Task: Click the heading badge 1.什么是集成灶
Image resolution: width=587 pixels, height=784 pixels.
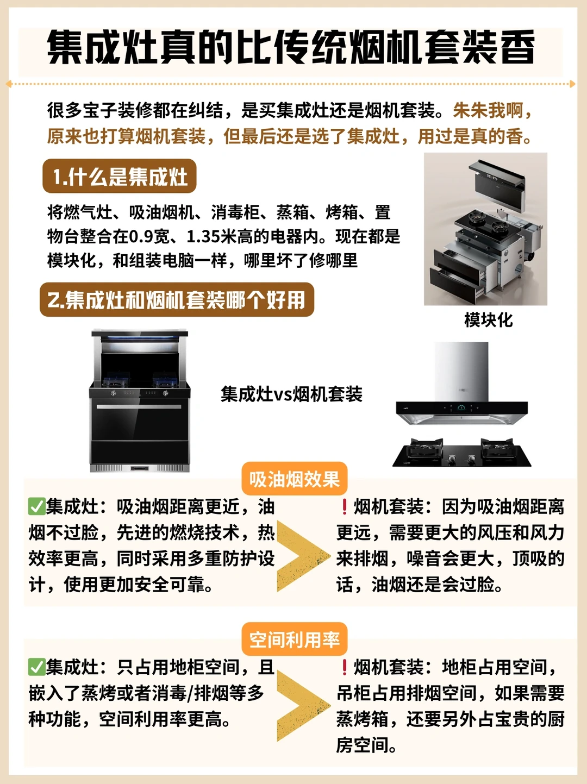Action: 120,176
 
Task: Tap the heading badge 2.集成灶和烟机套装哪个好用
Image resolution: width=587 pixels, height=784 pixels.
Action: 177,299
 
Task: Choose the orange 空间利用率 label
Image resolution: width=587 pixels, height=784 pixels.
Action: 295,639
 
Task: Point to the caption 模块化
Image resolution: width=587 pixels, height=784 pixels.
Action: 489,320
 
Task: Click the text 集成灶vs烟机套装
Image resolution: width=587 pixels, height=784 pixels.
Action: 291,394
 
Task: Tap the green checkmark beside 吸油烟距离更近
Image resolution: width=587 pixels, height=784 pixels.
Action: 37,506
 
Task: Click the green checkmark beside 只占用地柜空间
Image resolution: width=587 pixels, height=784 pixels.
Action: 37,667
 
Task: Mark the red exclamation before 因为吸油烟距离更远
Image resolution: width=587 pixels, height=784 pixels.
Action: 345,506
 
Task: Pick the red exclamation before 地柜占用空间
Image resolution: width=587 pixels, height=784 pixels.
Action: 345,667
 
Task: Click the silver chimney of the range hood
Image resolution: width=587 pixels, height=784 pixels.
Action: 461,372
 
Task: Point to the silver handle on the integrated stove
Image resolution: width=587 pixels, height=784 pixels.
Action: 139,406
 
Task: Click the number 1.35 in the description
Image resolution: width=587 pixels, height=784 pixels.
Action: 203,236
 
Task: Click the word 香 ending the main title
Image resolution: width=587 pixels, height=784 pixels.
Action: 517,47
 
